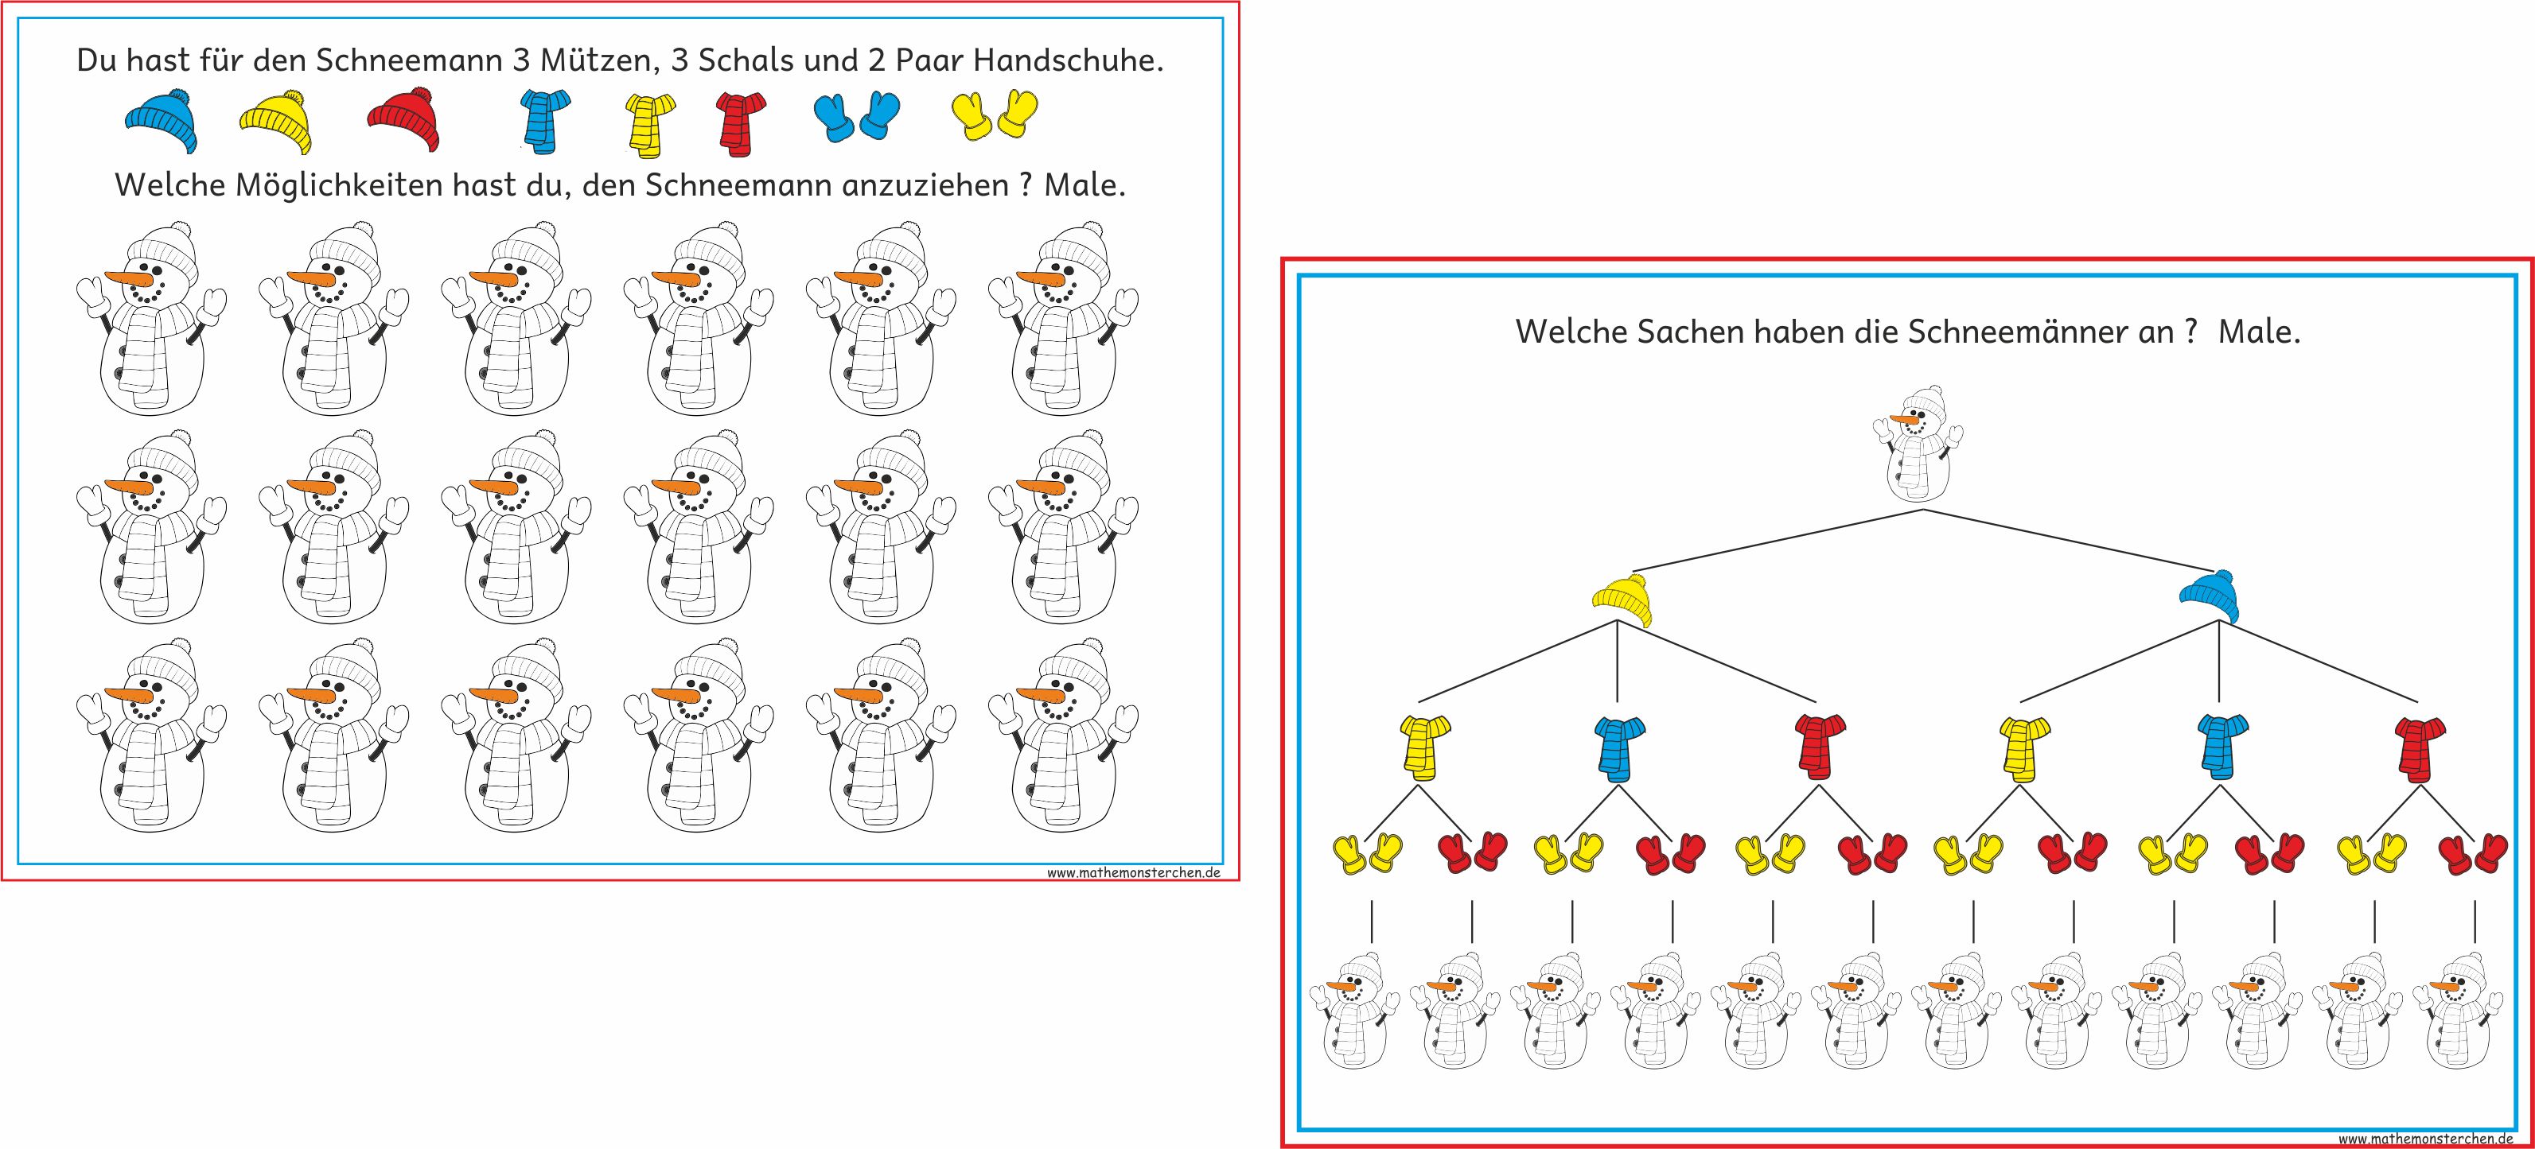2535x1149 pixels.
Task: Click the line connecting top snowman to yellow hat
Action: [x=1776, y=540]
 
